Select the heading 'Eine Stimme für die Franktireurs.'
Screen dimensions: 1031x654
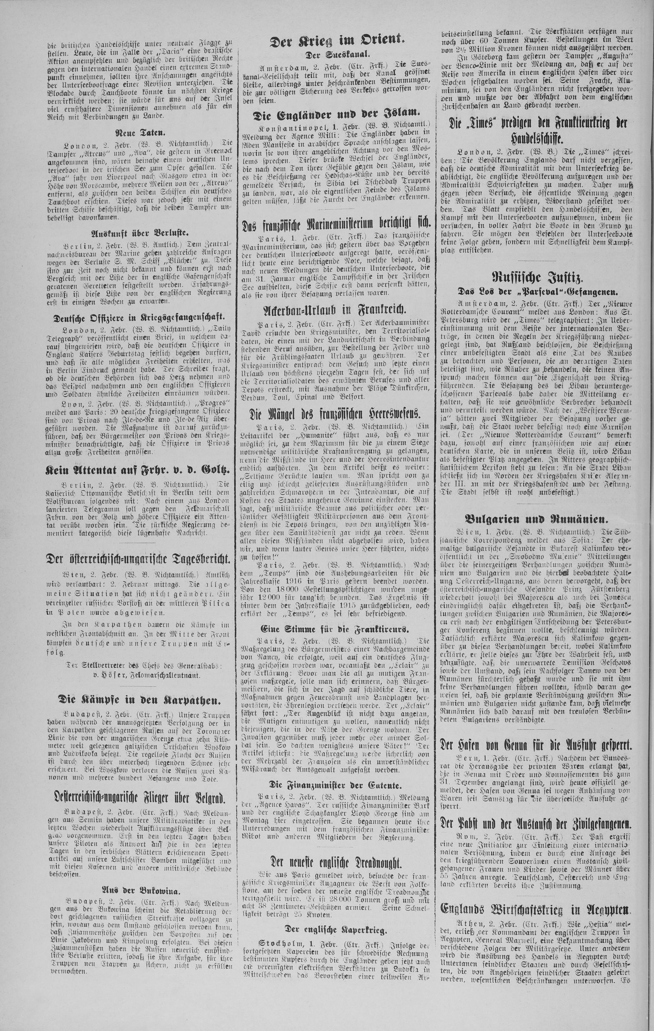pos(336,629)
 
